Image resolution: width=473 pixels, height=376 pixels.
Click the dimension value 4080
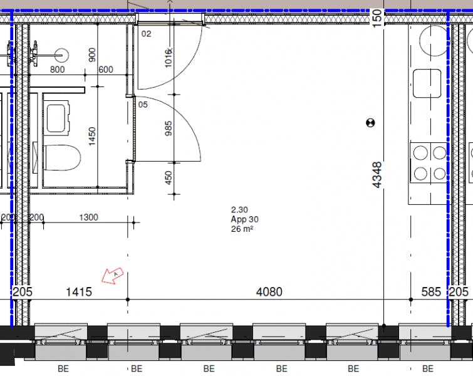[x=269, y=292]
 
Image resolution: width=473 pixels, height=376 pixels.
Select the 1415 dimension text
[x=79, y=292]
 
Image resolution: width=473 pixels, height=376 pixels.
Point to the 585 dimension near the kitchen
[x=431, y=292]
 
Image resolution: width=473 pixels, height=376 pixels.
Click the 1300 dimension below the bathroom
[x=89, y=217]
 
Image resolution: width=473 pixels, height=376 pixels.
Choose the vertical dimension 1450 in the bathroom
[x=92, y=136]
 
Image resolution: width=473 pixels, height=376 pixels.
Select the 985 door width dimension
[x=167, y=128]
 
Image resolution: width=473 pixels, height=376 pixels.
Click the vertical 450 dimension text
[x=167, y=178]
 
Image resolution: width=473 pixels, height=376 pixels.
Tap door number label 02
[x=146, y=34]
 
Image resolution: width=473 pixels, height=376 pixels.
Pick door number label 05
[x=143, y=105]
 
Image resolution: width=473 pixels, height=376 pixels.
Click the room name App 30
[x=244, y=219]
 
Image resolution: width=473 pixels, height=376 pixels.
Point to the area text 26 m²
[x=242, y=229]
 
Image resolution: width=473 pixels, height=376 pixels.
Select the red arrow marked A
[x=113, y=275]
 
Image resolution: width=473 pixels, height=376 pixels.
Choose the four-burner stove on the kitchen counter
[x=428, y=162]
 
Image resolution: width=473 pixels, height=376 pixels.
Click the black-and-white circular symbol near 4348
[x=370, y=122]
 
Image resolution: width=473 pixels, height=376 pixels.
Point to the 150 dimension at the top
[x=377, y=16]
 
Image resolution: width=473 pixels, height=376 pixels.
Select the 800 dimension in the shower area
[x=57, y=70]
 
